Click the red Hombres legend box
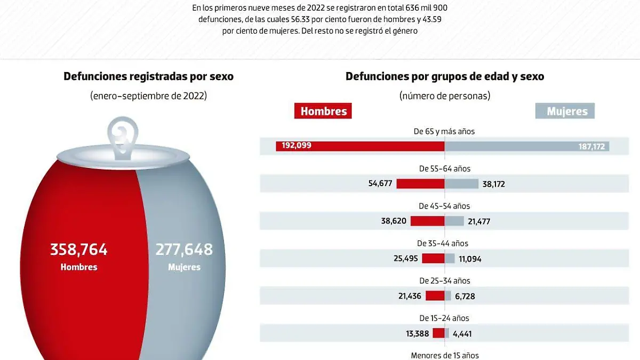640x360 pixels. coord(323,111)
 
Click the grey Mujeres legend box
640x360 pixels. coord(565,111)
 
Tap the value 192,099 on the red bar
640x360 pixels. coord(294,146)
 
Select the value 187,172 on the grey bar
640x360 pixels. coord(591,147)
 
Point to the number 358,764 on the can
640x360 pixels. coord(79,249)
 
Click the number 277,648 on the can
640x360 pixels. coord(184,249)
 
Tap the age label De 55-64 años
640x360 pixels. coord(445,169)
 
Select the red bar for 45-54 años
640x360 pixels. coord(427,221)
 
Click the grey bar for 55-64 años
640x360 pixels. coord(461,183)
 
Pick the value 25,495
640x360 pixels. coord(406,259)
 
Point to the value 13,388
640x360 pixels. coord(417,334)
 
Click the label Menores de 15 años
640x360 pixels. coord(445,355)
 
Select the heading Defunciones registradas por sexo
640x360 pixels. coord(148,76)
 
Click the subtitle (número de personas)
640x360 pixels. coord(445,96)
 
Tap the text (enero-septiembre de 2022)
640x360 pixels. coord(148,96)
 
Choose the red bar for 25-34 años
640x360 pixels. coord(435,295)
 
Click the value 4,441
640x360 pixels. coord(462,334)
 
